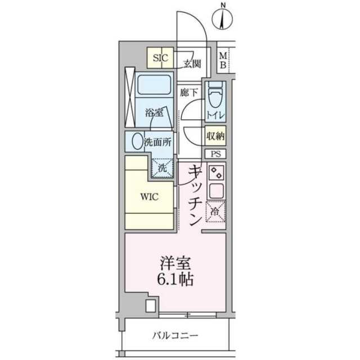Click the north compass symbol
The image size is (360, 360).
(222, 18)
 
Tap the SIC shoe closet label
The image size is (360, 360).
(160, 58)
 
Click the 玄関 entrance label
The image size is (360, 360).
(192, 64)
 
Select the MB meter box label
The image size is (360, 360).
(223, 61)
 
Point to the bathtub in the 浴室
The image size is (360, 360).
(154, 85)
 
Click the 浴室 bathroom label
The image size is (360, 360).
(154, 112)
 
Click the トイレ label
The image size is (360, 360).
(215, 115)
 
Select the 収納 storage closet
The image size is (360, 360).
(215, 136)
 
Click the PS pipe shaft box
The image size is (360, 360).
(215, 154)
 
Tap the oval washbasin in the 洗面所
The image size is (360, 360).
(137, 141)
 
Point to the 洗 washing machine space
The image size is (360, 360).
(163, 168)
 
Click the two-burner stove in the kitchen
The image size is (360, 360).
(216, 173)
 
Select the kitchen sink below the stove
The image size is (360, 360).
(216, 191)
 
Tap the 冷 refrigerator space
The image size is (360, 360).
(215, 211)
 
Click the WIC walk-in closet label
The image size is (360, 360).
(149, 197)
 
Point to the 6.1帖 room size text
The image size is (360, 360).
(175, 279)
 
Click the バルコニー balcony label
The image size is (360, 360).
(175, 336)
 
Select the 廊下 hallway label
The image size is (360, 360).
(188, 92)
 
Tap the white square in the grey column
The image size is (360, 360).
(151, 306)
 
